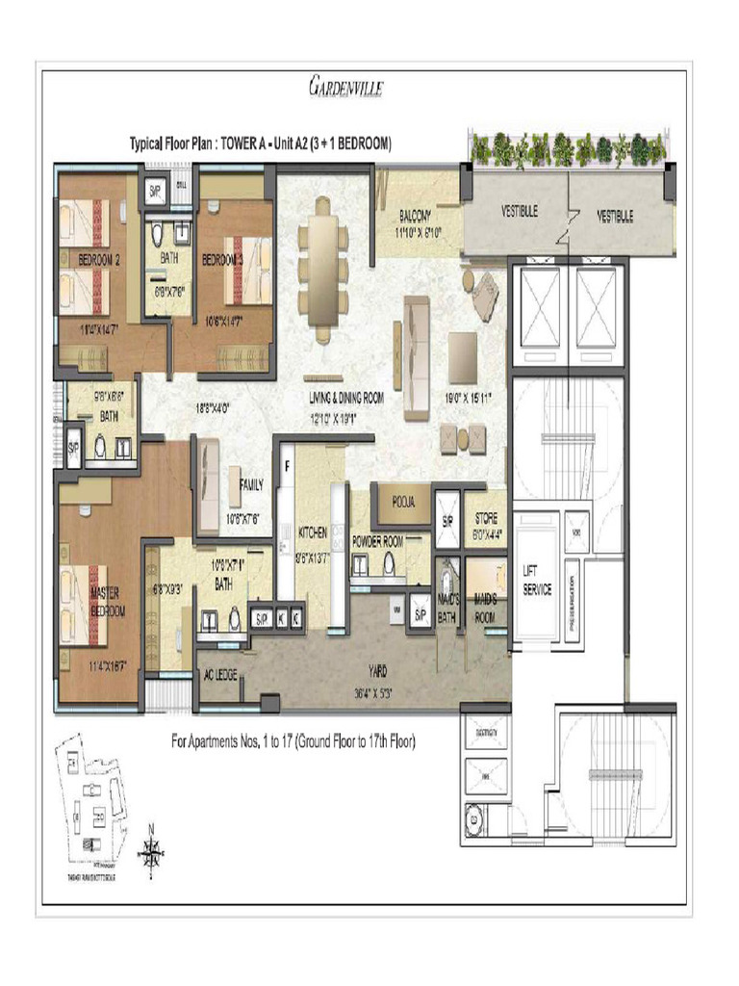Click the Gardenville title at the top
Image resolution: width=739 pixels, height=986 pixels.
(348, 89)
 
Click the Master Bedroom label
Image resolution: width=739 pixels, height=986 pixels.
(106, 602)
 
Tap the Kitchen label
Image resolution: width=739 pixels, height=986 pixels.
(312, 532)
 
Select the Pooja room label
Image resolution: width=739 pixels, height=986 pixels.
(396, 503)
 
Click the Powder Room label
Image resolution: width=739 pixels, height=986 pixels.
(379, 542)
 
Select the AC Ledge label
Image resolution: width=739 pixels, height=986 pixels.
(219, 674)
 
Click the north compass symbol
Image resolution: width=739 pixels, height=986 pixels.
(151, 848)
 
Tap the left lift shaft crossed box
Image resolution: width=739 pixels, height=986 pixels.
(540, 307)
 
